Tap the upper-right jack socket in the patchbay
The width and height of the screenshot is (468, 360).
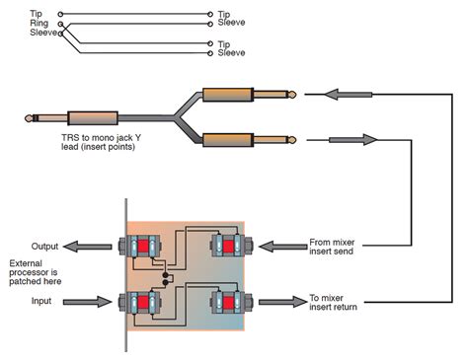(228, 247)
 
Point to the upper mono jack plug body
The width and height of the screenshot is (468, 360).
(228, 96)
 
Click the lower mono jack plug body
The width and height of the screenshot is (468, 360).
(228, 139)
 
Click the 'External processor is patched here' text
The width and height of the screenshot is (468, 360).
(37, 273)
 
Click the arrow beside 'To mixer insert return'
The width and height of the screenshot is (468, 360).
(279, 301)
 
